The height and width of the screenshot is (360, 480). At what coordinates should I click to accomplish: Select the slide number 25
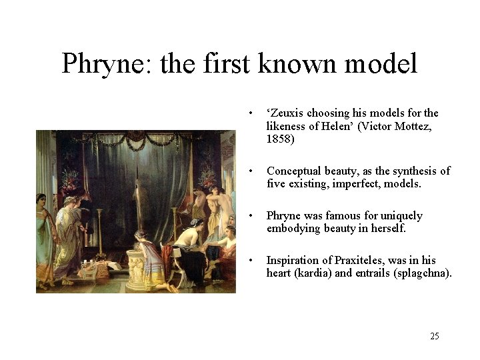tap(435, 336)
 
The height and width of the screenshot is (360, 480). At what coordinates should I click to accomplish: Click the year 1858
tap(280, 139)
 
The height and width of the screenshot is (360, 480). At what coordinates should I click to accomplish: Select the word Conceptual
tap(293, 171)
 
